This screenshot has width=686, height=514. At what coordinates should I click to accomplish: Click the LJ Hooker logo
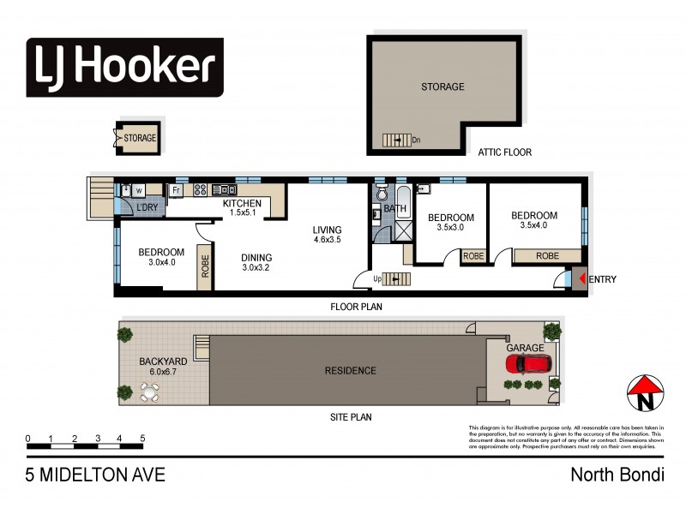click(125, 66)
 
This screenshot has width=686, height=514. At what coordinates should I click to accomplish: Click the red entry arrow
click(581, 279)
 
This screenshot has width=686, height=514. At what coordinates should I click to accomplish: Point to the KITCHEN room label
click(242, 203)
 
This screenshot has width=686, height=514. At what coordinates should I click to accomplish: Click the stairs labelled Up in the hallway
click(396, 278)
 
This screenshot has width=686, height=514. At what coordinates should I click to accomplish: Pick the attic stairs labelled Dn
click(397, 140)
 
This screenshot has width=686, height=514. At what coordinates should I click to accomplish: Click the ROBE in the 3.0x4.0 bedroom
click(205, 266)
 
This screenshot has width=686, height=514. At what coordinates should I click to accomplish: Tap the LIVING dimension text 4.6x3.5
click(327, 242)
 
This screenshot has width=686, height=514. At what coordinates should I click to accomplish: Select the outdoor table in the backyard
click(150, 393)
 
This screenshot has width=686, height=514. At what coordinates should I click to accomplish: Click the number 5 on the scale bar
click(142, 439)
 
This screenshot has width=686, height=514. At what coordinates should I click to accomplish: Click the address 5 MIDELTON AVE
click(94, 474)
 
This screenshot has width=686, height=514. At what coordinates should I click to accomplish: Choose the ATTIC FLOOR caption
click(504, 152)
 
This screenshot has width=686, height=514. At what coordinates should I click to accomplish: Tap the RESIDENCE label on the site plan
click(350, 371)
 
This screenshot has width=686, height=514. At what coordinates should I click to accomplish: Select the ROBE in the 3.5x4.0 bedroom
click(547, 255)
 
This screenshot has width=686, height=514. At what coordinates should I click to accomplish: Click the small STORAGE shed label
click(140, 138)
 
